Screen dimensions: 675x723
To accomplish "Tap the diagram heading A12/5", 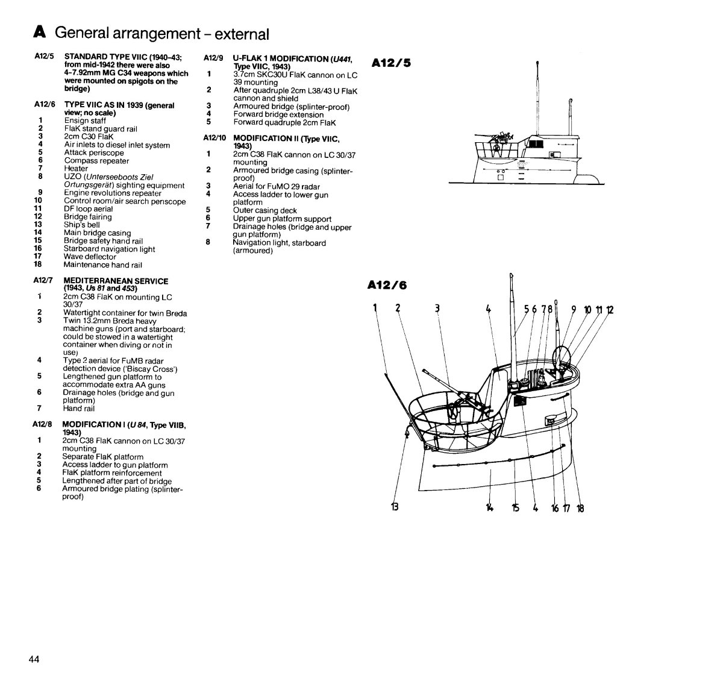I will point(391,62).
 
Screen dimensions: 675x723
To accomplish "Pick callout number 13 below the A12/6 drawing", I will point(395,507).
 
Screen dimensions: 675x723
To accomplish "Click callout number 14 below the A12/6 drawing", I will point(489,507).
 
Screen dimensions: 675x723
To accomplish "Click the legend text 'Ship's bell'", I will point(82,225).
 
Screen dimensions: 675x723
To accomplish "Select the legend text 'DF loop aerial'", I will point(88,209).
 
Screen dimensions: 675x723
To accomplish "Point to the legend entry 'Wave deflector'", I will point(90,257).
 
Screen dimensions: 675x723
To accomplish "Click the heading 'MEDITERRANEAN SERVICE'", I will point(116,281).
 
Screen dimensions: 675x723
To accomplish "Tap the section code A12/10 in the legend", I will point(214,137).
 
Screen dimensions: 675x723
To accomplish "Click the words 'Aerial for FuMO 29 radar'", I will point(277,187).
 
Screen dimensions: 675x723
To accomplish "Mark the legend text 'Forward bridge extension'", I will point(278,115).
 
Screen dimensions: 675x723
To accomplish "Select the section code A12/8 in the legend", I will point(44,424).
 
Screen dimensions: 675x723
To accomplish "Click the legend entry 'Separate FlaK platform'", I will point(102,457).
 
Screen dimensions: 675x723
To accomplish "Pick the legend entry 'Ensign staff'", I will point(85,121).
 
